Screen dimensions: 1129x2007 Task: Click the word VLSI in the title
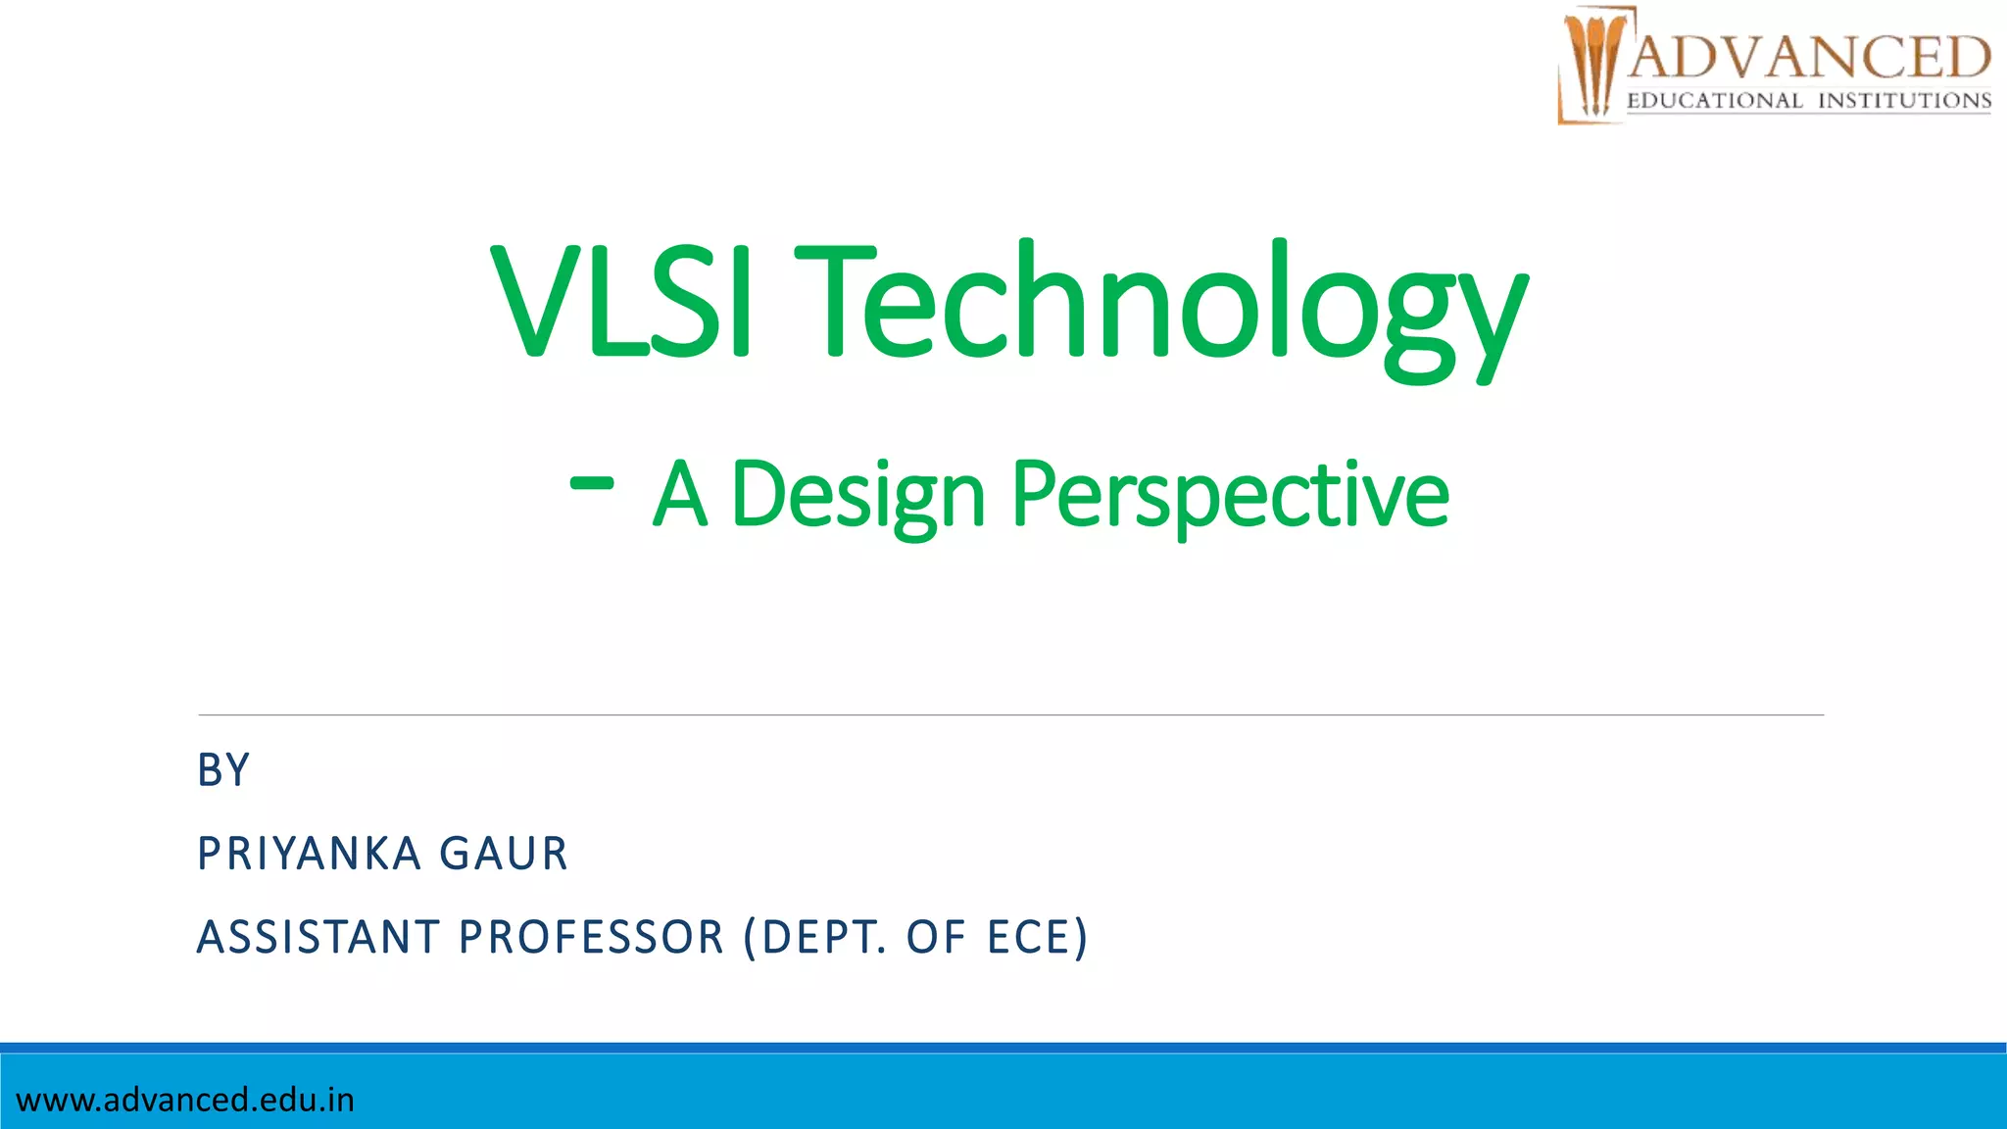(x=621, y=301)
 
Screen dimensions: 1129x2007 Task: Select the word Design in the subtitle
(x=857, y=496)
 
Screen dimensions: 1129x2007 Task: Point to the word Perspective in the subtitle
(x=1230, y=496)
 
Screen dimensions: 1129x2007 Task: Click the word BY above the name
(x=223, y=770)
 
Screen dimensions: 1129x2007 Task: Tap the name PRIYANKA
(x=309, y=854)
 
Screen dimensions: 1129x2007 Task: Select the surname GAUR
(x=504, y=854)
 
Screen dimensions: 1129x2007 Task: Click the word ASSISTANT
(x=318, y=937)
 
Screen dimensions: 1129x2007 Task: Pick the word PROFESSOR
(x=591, y=937)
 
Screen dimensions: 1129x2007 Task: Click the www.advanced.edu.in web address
(x=185, y=1100)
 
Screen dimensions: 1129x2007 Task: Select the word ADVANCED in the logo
(x=1809, y=57)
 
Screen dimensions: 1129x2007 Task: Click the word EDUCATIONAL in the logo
(x=1714, y=101)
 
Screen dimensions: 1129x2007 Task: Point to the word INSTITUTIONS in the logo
(x=1904, y=101)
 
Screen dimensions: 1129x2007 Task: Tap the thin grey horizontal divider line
(x=1009, y=715)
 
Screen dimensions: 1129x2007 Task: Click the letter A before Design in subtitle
(x=680, y=496)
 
